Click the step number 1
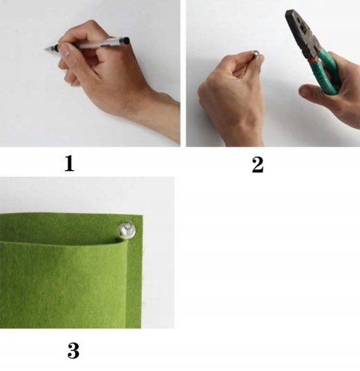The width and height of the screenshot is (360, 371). pyautogui.click(x=70, y=163)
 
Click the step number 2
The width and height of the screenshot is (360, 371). pyautogui.click(x=257, y=165)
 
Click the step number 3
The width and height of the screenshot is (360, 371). pyautogui.click(x=73, y=351)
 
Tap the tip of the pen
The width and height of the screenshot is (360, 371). pyautogui.click(x=44, y=49)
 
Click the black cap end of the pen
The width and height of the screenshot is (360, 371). pyautogui.click(x=125, y=40)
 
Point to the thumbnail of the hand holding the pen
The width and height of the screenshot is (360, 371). pyautogui.click(x=66, y=50)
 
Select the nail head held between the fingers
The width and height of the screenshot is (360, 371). pyautogui.click(x=256, y=53)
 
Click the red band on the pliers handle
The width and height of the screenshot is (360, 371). pyautogui.click(x=314, y=60)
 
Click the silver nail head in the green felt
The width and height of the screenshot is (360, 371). pyautogui.click(x=127, y=229)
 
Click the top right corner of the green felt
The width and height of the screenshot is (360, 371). pyautogui.click(x=142, y=215)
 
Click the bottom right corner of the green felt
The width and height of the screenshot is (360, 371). pyautogui.click(x=141, y=328)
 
